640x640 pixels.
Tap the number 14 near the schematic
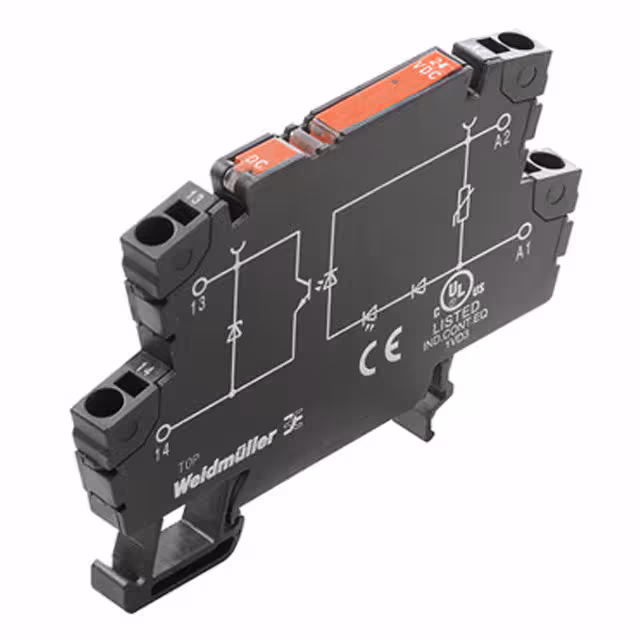tap(161, 452)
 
